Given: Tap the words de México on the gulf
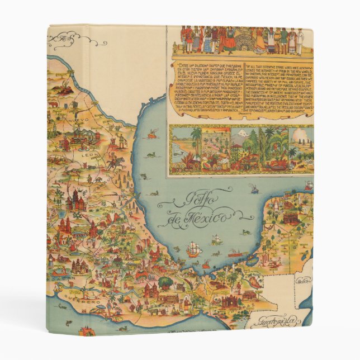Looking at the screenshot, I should point(196,217).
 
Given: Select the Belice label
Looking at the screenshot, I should point(304,281).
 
